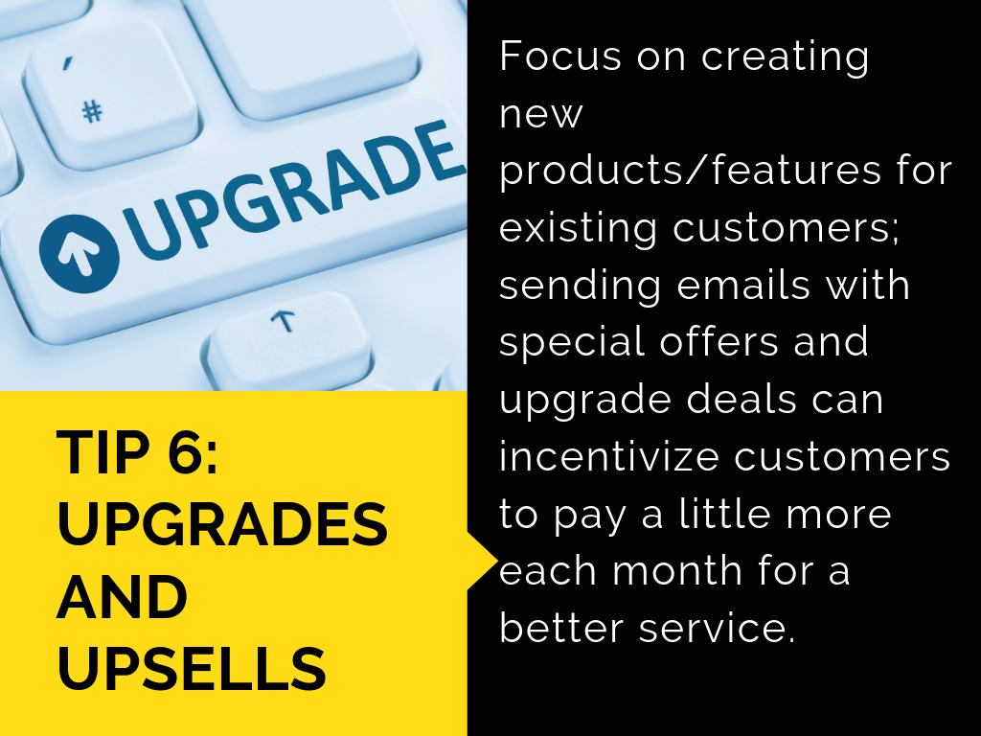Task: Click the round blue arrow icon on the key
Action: coord(79,253)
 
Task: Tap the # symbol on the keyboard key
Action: coord(93,112)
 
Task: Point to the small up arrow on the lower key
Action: coord(283,320)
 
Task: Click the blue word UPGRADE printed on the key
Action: coord(293,189)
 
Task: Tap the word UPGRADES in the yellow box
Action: coord(222,524)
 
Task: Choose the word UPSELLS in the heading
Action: coord(192,668)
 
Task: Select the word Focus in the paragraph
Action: coord(560,56)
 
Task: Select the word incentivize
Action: coord(608,456)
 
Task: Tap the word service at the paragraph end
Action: coord(718,629)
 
